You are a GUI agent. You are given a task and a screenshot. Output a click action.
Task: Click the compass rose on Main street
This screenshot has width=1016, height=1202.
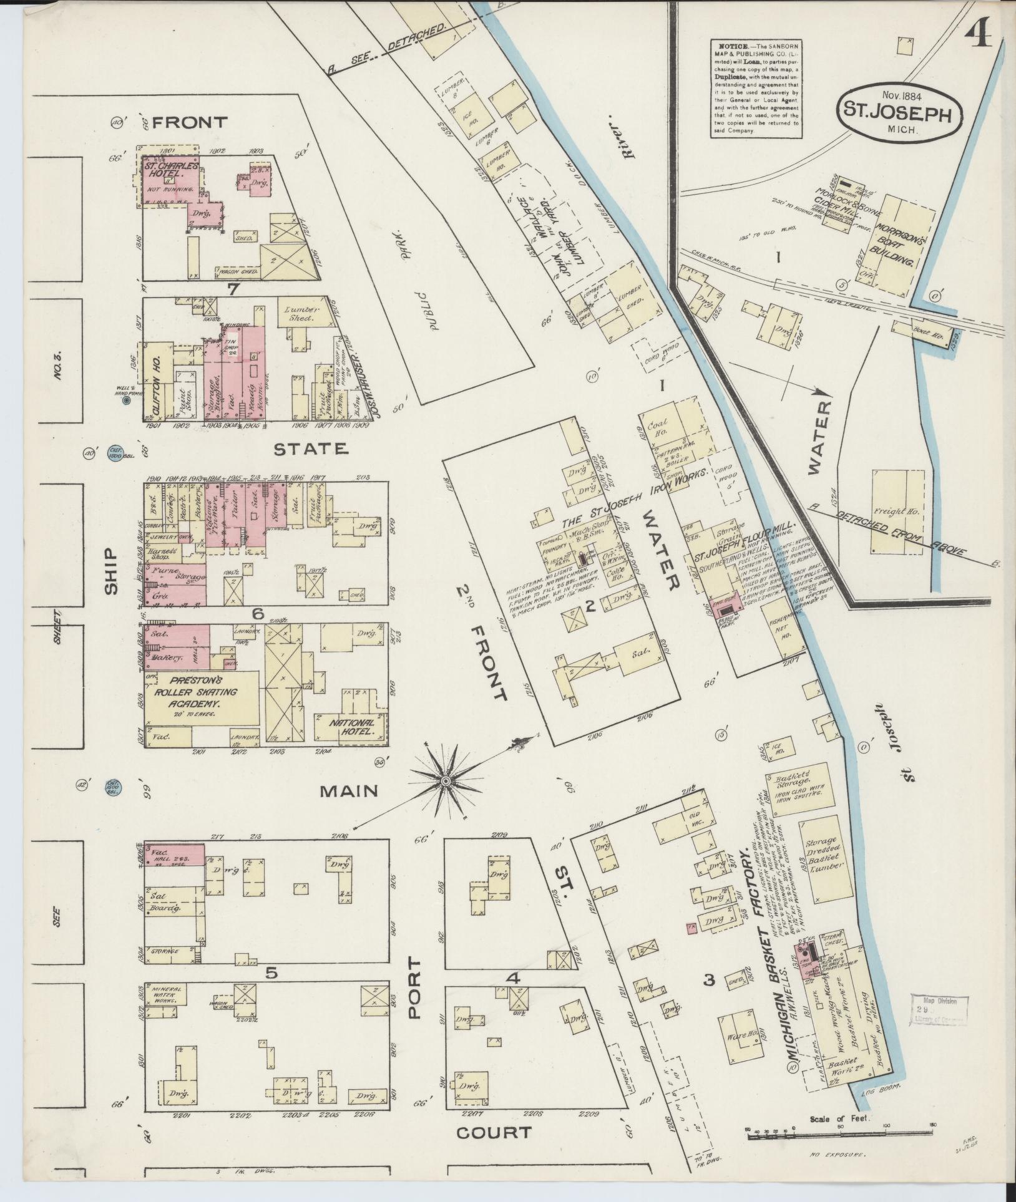point(446,781)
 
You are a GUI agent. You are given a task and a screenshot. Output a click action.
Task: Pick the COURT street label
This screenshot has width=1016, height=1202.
point(494,1132)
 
